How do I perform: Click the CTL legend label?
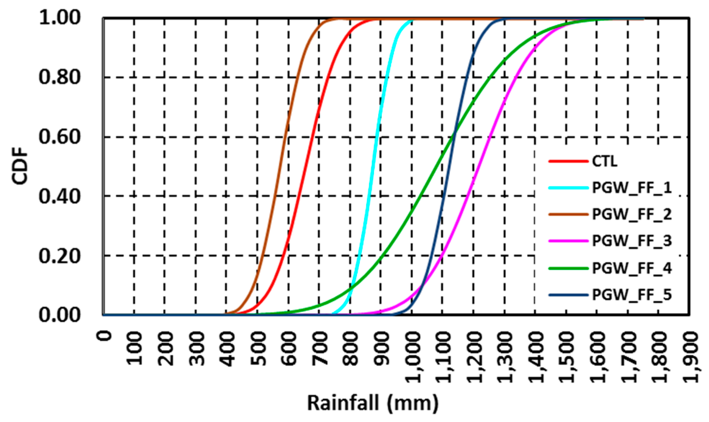605,161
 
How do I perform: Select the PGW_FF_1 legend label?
632,188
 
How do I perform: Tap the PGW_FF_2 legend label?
632,214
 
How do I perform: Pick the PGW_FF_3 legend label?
632,241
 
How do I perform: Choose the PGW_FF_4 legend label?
632,268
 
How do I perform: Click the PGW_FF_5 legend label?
632,295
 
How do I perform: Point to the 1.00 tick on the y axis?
60,18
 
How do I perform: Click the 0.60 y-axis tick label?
60,137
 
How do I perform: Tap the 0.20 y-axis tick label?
60,256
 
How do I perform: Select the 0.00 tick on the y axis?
60,315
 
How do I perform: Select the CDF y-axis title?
20,166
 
